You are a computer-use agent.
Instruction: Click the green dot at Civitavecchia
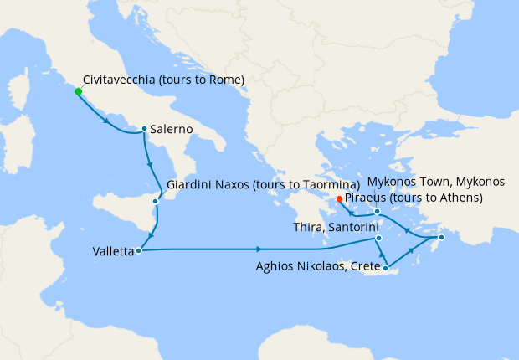pos(78,91)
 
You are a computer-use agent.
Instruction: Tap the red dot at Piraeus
pos(339,198)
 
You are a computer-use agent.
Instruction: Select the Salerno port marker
pos(144,129)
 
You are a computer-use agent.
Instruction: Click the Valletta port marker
pos(138,249)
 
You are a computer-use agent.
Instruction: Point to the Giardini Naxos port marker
pos(156,201)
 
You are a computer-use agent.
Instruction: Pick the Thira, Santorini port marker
pos(379,239)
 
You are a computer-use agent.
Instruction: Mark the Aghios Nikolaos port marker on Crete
pos(386,268)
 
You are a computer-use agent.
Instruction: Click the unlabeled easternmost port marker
pos(441,239)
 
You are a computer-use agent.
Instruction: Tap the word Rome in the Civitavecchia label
pos(224,80)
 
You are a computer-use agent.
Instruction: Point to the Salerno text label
pos(172,130)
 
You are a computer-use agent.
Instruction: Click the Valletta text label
pos(113,250)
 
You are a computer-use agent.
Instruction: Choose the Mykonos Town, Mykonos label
pos(437,182)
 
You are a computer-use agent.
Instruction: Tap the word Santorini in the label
pos(354,227)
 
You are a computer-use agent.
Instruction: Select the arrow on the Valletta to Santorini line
pos(260,249)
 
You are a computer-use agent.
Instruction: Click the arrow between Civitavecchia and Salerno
pos(107,122)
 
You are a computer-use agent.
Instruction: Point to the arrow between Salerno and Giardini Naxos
pos(149,163)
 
